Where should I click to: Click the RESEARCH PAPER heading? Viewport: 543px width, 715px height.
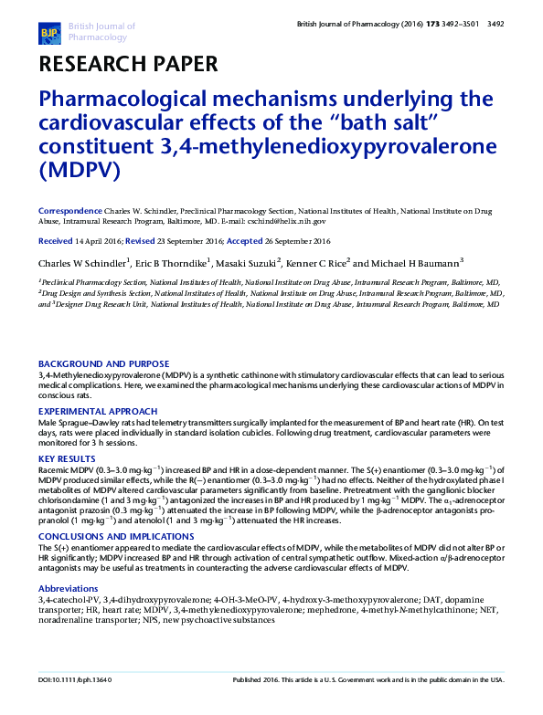[127, 64]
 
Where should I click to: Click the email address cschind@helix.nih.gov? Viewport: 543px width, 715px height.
[289, 221]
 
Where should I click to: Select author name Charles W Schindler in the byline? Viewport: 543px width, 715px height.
[84, 263]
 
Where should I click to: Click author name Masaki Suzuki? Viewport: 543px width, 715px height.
[247, 263]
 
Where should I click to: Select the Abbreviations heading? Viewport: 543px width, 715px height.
[68, 563]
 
